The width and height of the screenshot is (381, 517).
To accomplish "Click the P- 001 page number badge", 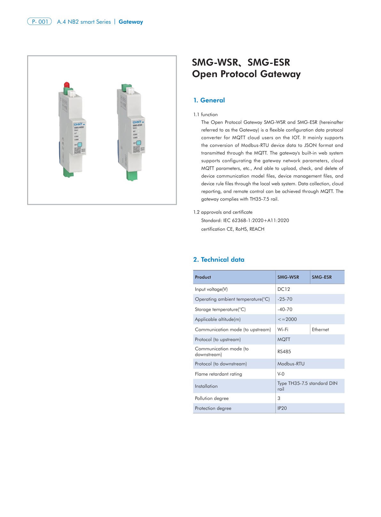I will [39, 22].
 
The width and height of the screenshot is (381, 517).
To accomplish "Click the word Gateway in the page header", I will [131, 22].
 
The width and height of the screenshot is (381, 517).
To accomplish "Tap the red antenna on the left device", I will [67, 85].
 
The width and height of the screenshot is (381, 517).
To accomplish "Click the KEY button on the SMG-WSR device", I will [80, 145].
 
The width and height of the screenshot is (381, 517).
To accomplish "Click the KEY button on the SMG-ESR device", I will [139, 143].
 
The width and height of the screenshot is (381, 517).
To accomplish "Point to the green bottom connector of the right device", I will [132, 176].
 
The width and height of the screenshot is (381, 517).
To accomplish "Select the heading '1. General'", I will [209, 100].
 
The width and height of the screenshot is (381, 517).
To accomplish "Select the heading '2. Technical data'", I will [218, 259].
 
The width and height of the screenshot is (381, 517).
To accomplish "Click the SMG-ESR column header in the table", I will [321, 277].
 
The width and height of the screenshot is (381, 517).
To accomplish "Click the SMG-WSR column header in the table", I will [288, 277].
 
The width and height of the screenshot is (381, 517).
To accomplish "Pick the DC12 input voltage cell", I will [283, 289].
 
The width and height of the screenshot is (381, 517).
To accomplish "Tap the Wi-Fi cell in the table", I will [283, 330].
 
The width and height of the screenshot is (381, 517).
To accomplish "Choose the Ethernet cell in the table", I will [320, 330].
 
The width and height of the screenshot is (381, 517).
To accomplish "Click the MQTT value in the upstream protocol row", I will [284, 339].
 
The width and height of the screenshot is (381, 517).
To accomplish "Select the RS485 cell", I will [284, 352].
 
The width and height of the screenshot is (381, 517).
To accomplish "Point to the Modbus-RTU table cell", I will [291, 364].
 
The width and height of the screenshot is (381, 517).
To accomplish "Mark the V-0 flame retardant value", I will [281, 374].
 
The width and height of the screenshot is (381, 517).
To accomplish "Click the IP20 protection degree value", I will [282, 408].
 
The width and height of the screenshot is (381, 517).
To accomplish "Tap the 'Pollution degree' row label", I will [212, 398].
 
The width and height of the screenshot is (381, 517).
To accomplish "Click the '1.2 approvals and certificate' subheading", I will [223, 212].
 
